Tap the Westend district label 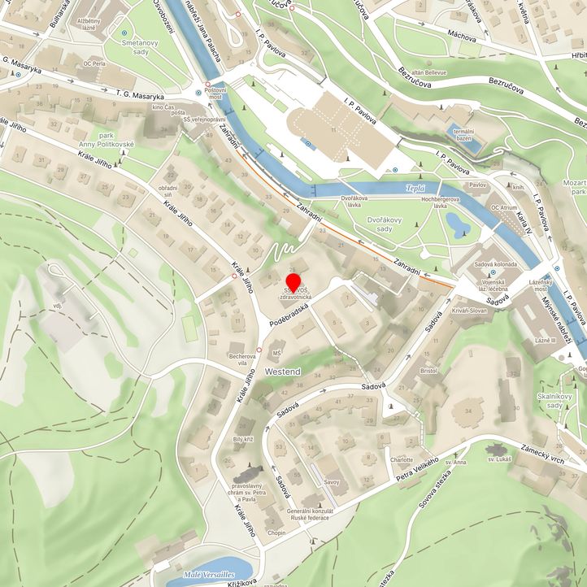click(x=282, y=372)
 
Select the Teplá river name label click(x=415, y=189)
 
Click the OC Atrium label click(x=504, y=208)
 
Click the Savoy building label click(x=332, y=482)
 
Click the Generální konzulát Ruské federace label click(x=307, y=514)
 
